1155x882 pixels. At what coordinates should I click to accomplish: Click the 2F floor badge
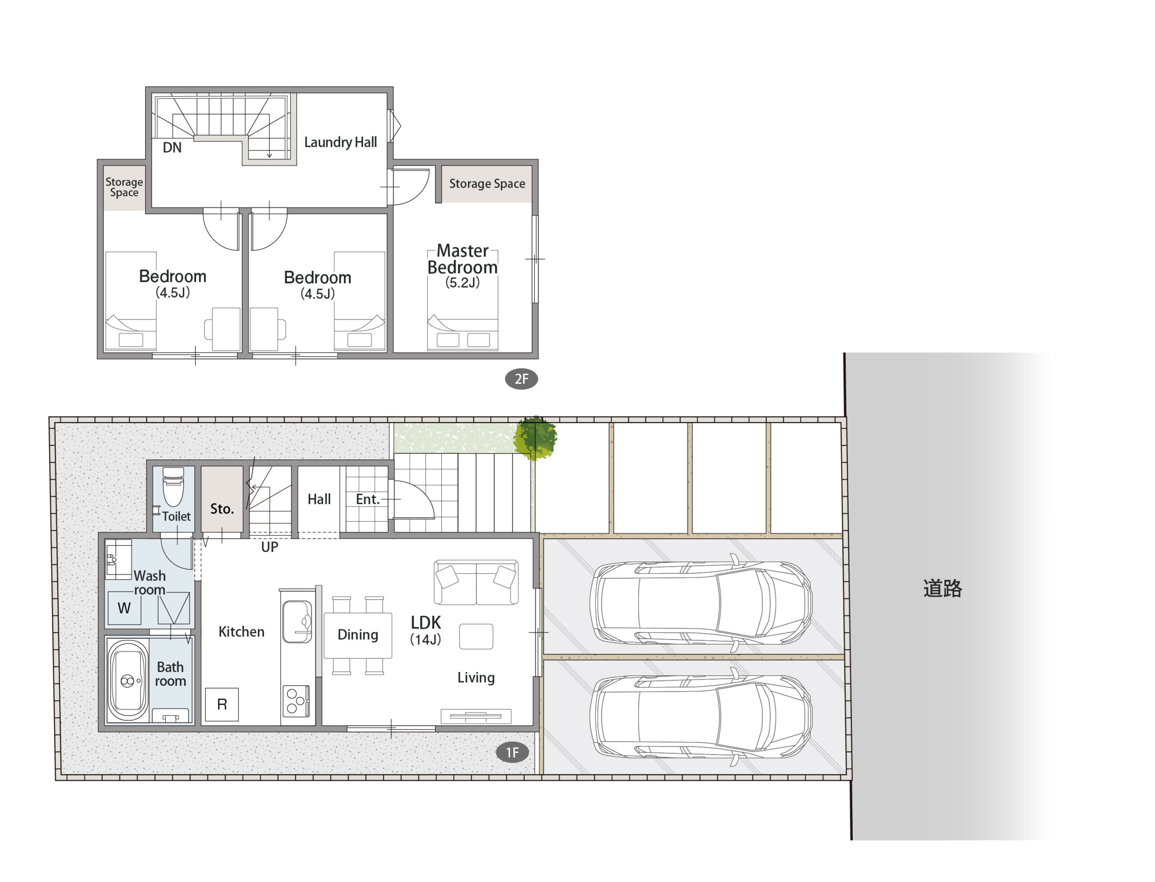click(521, 379)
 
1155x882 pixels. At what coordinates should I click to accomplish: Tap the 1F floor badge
click(512, 753)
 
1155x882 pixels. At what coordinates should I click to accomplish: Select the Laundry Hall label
click(341, 142)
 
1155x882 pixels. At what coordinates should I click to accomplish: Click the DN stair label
click(172, 148)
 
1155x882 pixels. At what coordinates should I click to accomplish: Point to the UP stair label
click(270, 547)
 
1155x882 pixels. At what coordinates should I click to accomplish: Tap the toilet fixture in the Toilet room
click(173, 487)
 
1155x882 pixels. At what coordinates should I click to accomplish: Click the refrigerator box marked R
click(222, 705)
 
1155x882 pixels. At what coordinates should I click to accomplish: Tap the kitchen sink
click(297, 622)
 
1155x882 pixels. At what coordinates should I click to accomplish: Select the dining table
click(358, 635)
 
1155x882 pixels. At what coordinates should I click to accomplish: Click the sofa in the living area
click(476, 582)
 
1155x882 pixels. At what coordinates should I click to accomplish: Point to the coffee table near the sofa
click(476, 637)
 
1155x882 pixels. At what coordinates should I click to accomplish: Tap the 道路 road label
click(942, 589)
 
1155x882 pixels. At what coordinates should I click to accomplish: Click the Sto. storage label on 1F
click(222, 509)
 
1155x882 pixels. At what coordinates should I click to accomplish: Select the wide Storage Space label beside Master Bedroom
click(487, 184)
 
